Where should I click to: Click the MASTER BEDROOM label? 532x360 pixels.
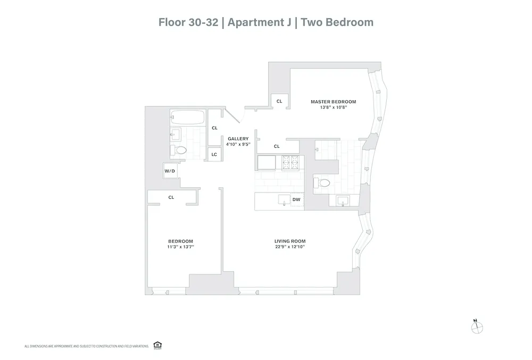click(333, 102)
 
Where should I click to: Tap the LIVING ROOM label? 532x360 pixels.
click(289, 240)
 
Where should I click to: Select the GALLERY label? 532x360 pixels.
click(238, 138)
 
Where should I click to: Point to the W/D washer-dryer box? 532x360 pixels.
click(170, 171)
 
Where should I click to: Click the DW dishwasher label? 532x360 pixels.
click(297, 200)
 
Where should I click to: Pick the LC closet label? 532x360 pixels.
click(214, 154)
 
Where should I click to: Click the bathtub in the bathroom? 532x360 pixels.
click(187, 118)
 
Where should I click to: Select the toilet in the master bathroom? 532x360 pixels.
click(323, 182)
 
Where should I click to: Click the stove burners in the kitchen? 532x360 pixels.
click(292, 162)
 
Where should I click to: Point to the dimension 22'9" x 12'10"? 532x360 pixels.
click(289, 247)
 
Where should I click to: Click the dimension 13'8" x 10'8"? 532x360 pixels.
click(333, 108)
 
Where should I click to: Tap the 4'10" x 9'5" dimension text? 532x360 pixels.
click(238, 144)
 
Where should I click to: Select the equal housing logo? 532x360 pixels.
click(157, 345)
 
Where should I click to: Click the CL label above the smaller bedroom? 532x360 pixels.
click(171, 197)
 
